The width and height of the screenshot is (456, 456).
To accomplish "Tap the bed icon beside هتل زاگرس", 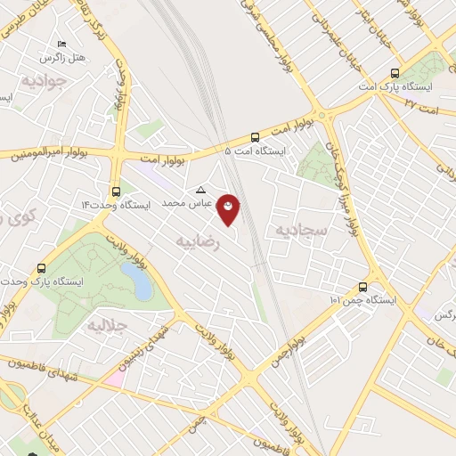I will click(x=61, y=43).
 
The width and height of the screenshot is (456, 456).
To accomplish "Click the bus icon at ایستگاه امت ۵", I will click(x=256, y=137).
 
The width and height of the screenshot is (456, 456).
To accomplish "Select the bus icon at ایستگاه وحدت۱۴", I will click(x=116, y=191).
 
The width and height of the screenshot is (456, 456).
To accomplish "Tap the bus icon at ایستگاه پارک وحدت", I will click(x=42, y=267).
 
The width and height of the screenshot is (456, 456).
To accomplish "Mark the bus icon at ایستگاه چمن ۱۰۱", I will click(x=362, y=287).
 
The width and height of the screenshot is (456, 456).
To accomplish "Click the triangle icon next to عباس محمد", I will click(x=200, y=190).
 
